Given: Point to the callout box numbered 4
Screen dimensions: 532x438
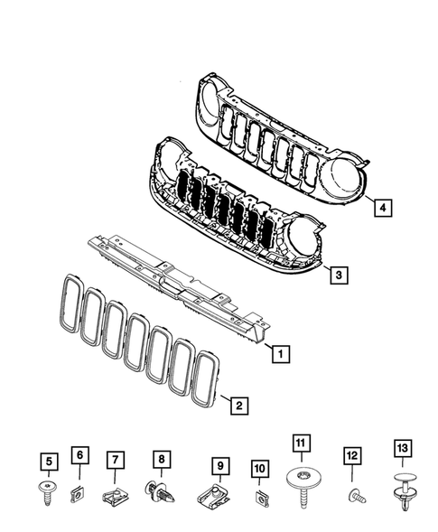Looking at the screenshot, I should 384,208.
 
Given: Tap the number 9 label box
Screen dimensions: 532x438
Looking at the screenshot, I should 218,465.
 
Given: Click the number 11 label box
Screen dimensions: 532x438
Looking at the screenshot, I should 300,443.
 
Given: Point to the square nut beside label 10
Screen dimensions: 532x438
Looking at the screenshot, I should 261,498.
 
